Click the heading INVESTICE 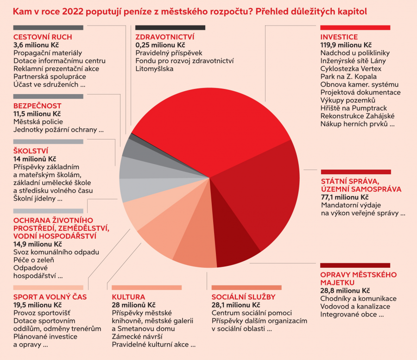pos(339,37)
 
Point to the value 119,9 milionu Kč pos(346,45)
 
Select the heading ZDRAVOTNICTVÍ pos(164,37)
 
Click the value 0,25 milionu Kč pos(160,45)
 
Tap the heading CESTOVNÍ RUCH pos(43,37)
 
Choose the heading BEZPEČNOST pos(37,106)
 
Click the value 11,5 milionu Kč pos(37,114)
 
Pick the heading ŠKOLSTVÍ pos(31,151)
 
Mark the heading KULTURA pos(128,297)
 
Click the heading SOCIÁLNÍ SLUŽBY pos(243,297)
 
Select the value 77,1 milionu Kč pos(345,197)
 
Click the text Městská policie pos(38,121)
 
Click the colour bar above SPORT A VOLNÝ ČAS pos(48,288)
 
